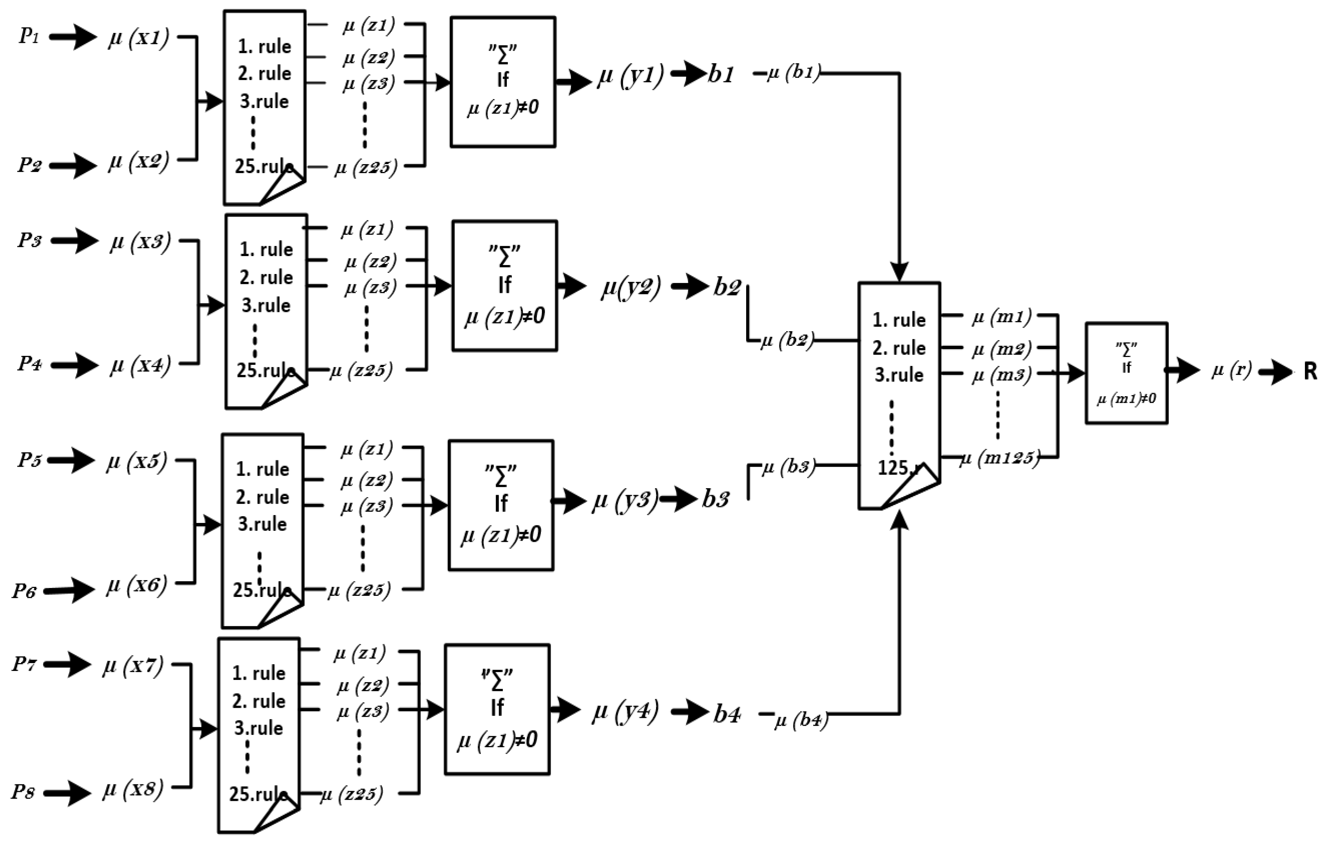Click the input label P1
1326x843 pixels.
(29, 36)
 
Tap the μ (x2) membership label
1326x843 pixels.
(138, 162)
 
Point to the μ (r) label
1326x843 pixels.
(1231, 371)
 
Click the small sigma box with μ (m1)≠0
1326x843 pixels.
(1126, 373)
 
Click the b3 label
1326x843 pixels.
(715, 499)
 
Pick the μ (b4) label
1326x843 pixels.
(801, 720)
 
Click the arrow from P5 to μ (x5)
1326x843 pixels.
(72, 460)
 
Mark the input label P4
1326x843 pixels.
(29, 363)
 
